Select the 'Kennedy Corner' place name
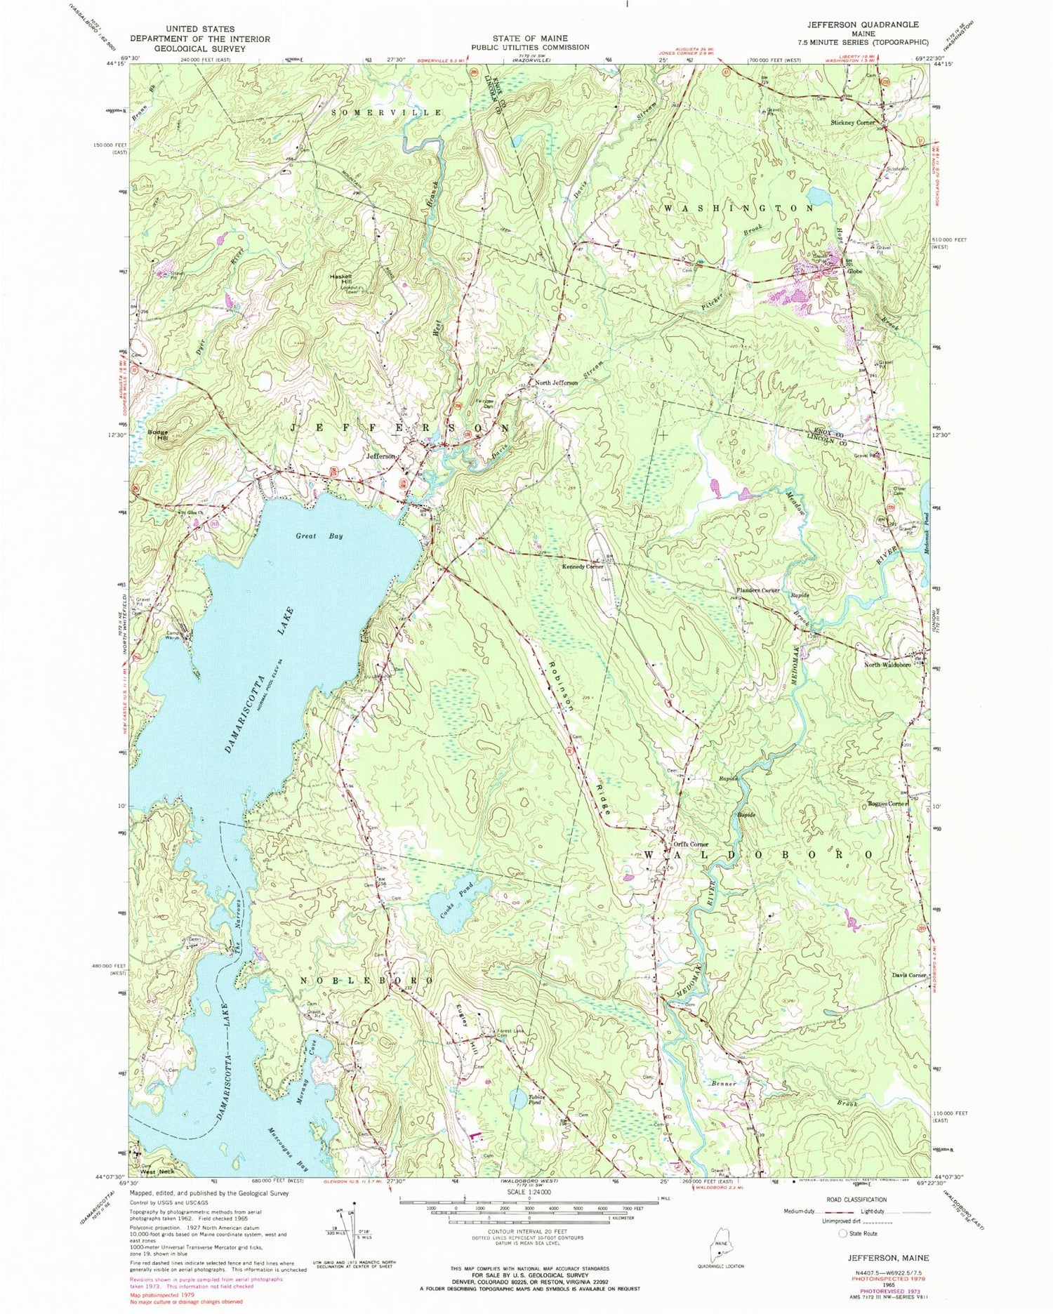(x=582, y=566)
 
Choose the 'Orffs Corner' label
(x=691, y=844)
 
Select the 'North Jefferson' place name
(x=557, y=383)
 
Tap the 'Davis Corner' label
(x=910, y=976)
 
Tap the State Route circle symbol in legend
(x=842, y=1233)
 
